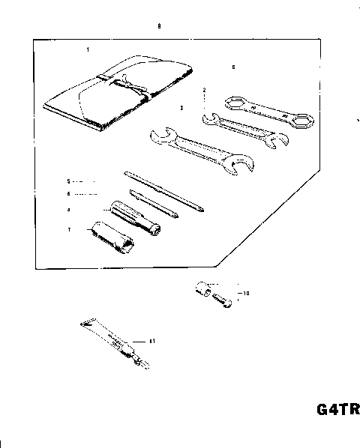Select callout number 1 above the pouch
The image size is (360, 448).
click(x=88, y=49)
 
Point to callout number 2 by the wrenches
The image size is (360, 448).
click(x=205, y=89)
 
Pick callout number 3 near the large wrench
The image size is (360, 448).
click(x=182, y=108)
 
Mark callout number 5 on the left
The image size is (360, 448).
click(x=67, y=181)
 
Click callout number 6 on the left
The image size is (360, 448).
click(x=67, y=193)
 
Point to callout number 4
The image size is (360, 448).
click(x=67, y=211)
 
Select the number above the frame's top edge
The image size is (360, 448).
click(x=158, y=26)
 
